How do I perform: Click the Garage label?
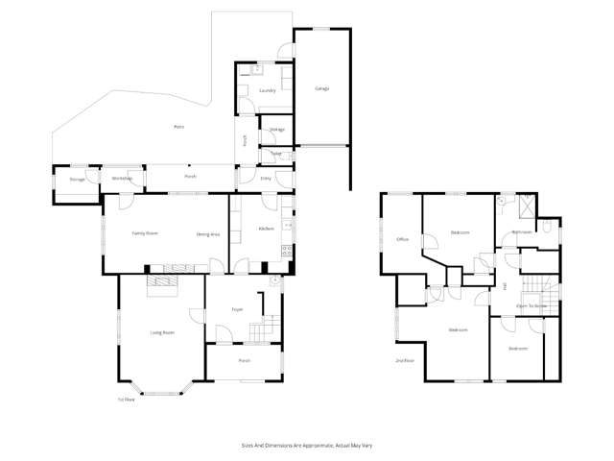click(322, 88)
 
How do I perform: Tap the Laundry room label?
click(268, 91)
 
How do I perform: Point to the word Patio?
click(178, 127)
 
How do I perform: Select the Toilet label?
click(276, 153)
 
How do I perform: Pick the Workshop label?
click(121, 179)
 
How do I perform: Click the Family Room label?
click(145, 233)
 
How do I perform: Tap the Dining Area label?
click(208, 233)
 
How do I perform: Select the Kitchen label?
click(266, 228)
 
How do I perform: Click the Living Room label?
click(162, 332)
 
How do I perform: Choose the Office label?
click(403, 239)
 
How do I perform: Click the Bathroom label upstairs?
click(522, 231)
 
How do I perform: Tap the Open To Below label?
click(531, 305)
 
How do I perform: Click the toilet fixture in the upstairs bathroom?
click(546, 228)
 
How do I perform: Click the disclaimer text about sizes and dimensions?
click(306, 445)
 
